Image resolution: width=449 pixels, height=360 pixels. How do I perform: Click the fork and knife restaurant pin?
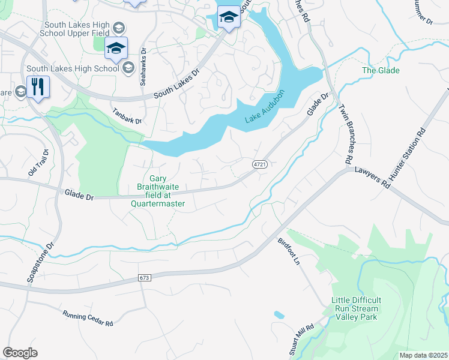(x=38, y=88)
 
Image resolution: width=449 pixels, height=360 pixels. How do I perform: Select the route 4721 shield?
(x=259, y=164)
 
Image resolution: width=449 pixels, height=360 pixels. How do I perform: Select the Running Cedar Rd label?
(x=88, y=318)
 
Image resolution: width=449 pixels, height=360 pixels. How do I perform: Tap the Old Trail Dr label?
(x=37, y=163)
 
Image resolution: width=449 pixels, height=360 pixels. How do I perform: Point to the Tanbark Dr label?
(x=127, y=116)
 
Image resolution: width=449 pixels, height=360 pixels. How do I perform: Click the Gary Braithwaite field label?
(x=158, y=191)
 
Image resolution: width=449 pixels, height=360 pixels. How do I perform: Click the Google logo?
(x=20, y=352)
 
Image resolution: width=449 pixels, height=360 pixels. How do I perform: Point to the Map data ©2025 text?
(x=423, y=355)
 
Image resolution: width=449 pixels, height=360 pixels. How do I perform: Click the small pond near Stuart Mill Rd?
(x=279, y=314)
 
